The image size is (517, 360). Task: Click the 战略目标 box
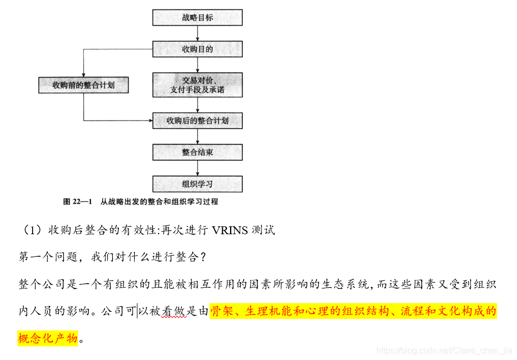[x=197, y=17]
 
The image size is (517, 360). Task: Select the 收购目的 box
[x=197, y=49]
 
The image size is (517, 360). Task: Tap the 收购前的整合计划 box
[x=84, y=85]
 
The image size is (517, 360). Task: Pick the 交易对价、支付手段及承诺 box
[x=197, y=85]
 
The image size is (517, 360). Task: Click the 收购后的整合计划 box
[x=197, y=121]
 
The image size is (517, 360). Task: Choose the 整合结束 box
[x=197, y=152]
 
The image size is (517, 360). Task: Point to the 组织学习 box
[x=197, y=184]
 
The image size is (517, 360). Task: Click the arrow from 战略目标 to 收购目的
[x=197, y=33]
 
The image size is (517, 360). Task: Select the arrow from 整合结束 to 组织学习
[x=197, y=168]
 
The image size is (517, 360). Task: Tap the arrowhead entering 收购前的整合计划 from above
[x=84, y=74]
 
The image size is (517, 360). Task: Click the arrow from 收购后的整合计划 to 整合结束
[x=197, y=136]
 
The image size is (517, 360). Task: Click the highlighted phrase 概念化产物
[x=48, y=338]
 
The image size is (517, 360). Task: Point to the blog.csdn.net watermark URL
[x=445, y=351]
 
